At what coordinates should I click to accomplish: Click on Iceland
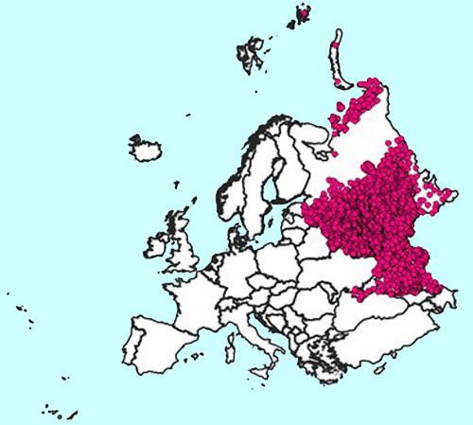[146, 149]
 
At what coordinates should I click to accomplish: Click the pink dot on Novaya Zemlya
[337, 43]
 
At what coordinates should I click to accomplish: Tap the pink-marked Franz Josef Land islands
[303, 12]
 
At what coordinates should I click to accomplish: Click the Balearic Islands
[193, 357]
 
